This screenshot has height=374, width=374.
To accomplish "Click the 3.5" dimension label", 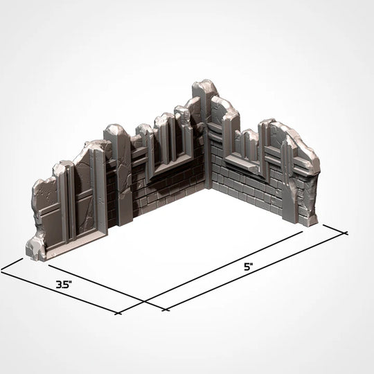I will click(64, 284).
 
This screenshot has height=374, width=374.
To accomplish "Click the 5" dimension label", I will click(248, 267).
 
